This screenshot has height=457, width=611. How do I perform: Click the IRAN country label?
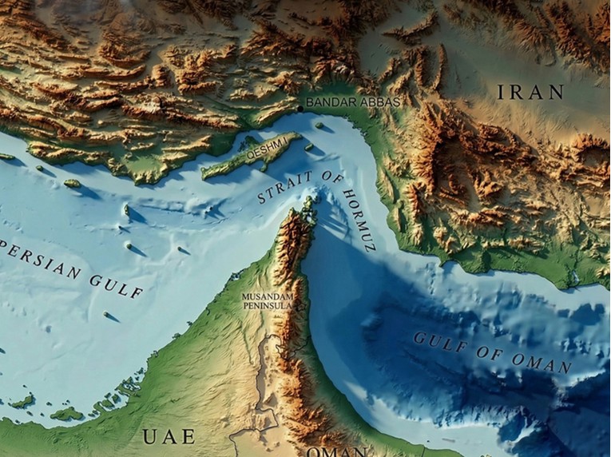click(530, 92)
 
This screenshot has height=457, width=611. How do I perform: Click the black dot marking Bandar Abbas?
click(300, 107)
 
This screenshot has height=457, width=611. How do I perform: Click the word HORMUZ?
click(357, 217)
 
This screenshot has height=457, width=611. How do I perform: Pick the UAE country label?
click(169, 436)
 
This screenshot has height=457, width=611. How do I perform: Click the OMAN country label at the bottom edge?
click(336, 452)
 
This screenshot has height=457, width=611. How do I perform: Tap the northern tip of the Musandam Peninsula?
click(309, 201)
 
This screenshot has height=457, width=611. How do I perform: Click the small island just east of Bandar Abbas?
click(319, 125)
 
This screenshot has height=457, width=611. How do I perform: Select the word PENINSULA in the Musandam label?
click(268, 306)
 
